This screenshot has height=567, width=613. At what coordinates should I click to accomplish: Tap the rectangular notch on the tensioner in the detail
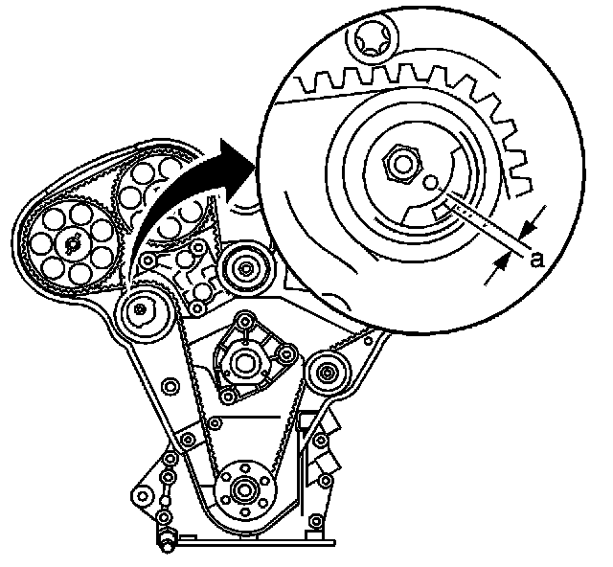point(443,209)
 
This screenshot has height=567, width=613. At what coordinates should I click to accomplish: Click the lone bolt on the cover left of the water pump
point(170,385)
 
